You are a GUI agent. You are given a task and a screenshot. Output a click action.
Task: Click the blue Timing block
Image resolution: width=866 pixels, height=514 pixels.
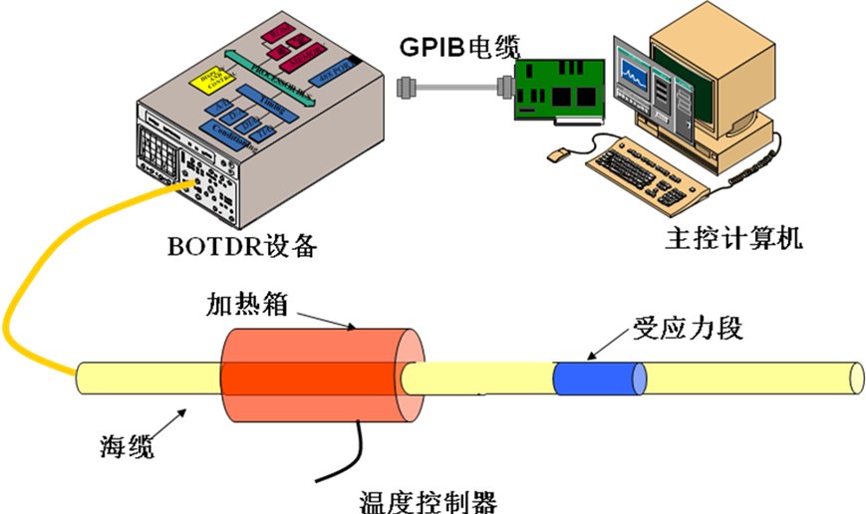(265, 106)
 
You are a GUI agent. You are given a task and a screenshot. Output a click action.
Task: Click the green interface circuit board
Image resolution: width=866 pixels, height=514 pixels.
(559, 90)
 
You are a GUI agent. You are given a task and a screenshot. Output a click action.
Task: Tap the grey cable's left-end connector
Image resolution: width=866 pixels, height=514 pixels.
(406, 89)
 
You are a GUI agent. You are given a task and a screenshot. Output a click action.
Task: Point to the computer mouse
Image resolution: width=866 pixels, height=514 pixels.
(558, 154)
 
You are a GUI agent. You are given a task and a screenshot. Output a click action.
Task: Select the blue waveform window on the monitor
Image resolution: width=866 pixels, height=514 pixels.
(634, 71)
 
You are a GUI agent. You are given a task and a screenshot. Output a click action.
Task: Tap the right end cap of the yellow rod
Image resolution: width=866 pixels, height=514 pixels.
(855, 379)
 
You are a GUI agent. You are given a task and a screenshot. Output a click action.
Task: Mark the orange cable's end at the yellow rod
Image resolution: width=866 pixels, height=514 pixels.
(74, 374)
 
